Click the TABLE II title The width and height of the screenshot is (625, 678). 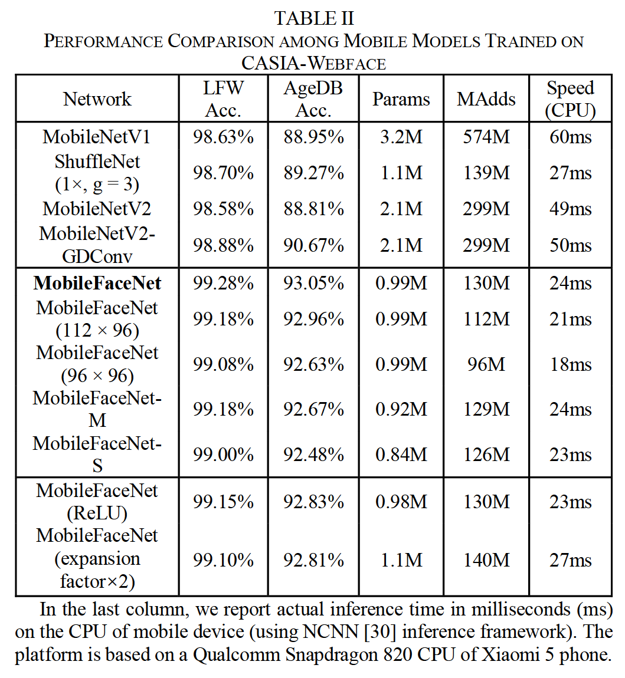[x=313, y=18]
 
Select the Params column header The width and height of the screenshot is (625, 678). [x=401, y=99]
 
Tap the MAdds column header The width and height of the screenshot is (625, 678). [x=486, y=99]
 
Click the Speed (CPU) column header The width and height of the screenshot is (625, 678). [x=570, y=99]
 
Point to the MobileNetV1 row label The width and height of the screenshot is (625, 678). [x=97, y=137]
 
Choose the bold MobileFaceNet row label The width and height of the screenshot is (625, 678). [x=97, y=284]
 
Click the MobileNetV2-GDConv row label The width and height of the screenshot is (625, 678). [x=97, y=245]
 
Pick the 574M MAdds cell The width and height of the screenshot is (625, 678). [x=486, y=137]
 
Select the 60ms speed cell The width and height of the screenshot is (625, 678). [x=570, y=137]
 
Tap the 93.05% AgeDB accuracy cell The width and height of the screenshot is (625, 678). [x=313, y=284]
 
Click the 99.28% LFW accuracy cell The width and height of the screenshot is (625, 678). [x=223, y=284]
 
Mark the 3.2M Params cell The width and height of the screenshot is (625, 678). [x=401, y=137]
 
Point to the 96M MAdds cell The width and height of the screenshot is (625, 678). [x=486, y=364]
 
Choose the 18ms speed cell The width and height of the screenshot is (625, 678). [x=570, y=364]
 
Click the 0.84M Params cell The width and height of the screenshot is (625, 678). [x=401, y=455]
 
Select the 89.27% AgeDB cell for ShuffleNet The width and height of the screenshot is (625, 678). [x=313, y=173]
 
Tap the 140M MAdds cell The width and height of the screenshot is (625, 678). [x=486, y=559]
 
